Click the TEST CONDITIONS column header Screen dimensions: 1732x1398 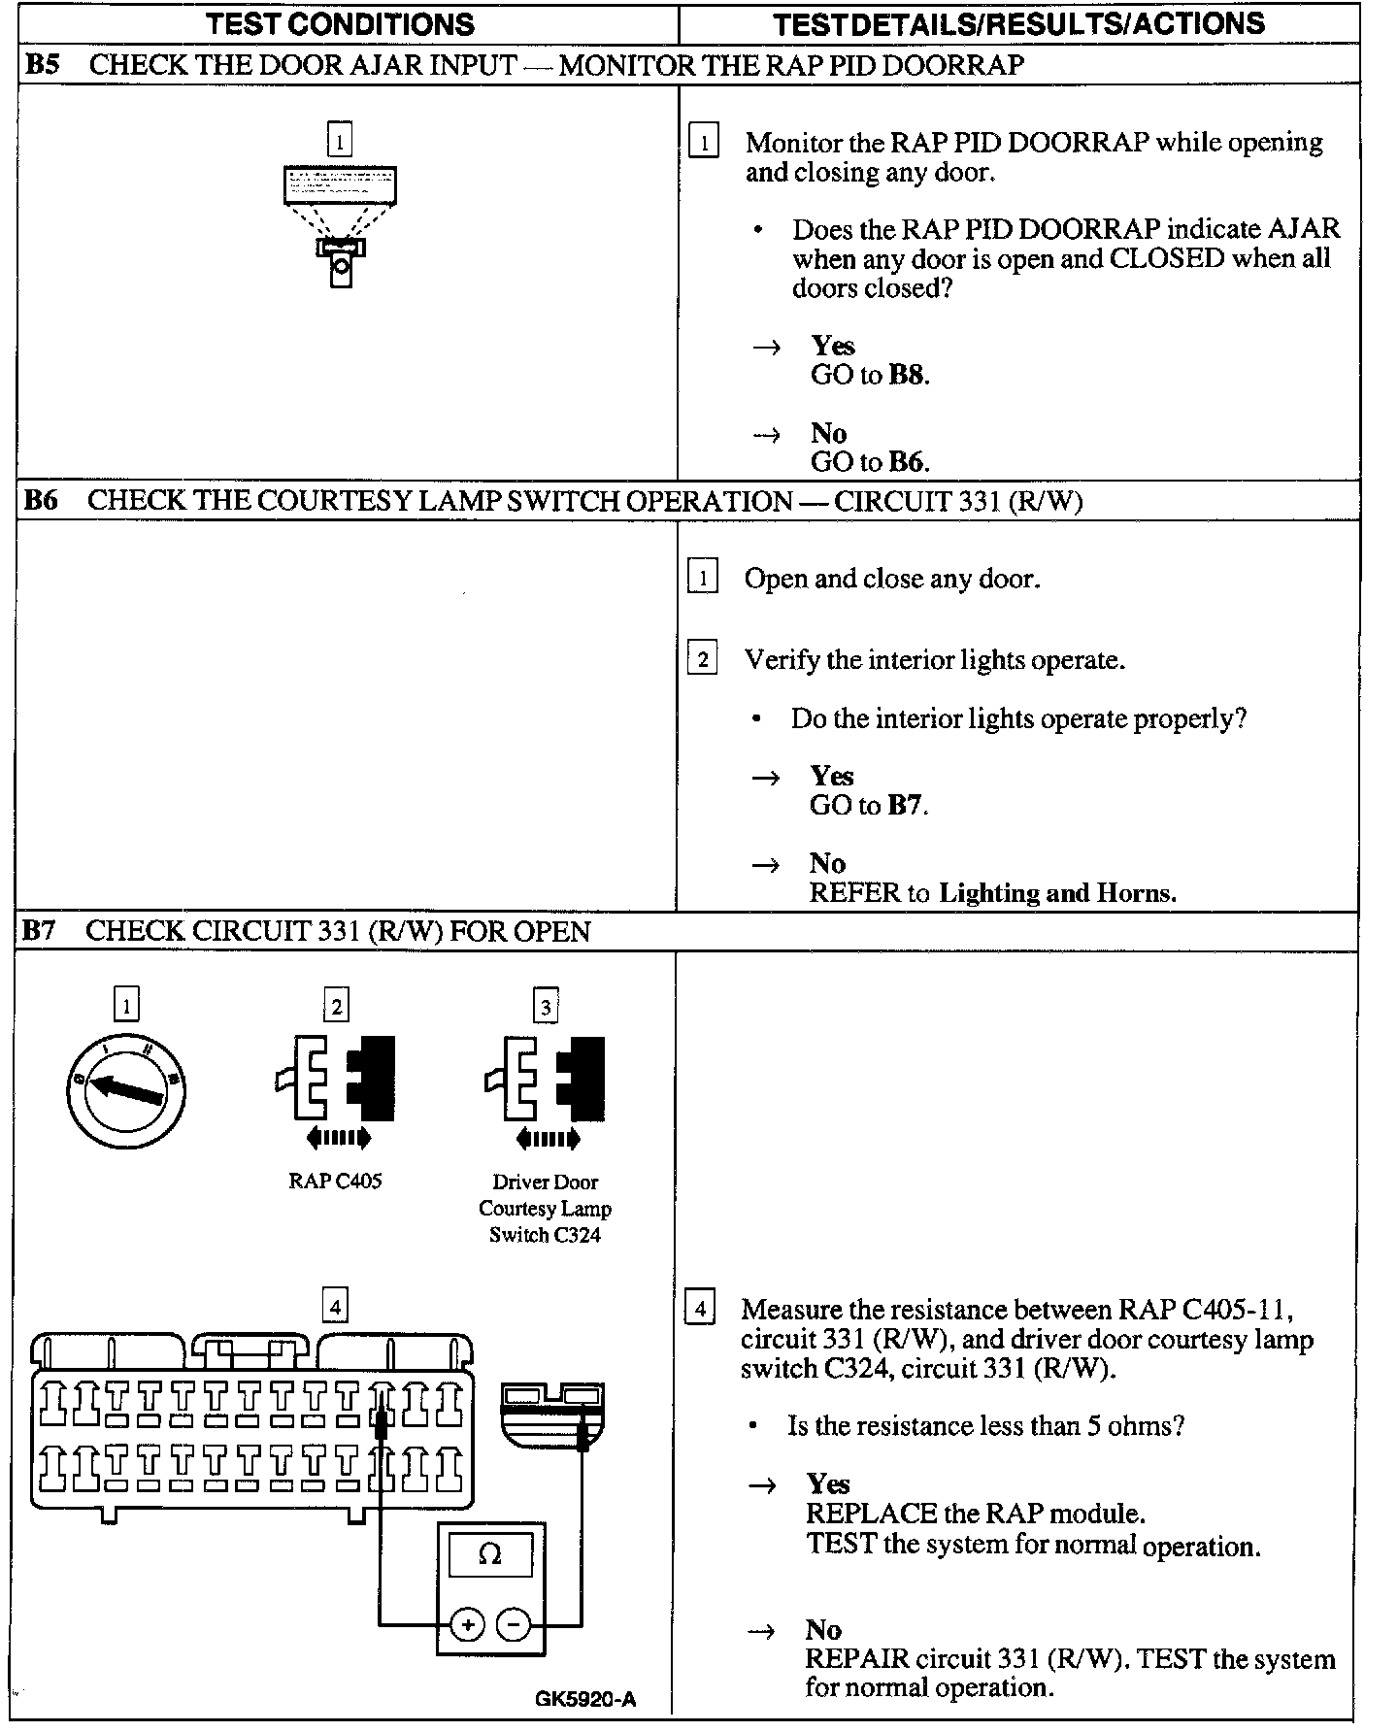[340, 23]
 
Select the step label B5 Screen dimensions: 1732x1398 [42, 65]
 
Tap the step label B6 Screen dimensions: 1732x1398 [41, 501]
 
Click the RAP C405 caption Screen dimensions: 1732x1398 [335, 1182]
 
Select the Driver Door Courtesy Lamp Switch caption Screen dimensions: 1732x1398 [545, 1209]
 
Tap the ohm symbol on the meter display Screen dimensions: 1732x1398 [490, 1555]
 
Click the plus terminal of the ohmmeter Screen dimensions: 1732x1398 [468, 1624]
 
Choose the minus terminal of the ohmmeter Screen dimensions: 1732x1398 [515, 1624]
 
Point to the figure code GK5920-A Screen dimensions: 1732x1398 [584, 1699]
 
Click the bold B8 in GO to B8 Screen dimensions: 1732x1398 [907, 376]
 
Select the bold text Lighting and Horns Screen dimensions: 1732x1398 [1057, 893]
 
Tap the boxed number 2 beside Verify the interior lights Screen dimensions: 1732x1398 [702, 660]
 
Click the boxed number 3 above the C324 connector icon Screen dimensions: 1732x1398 [546, 1007]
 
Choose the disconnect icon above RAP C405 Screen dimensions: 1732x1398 [336, 1088]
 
